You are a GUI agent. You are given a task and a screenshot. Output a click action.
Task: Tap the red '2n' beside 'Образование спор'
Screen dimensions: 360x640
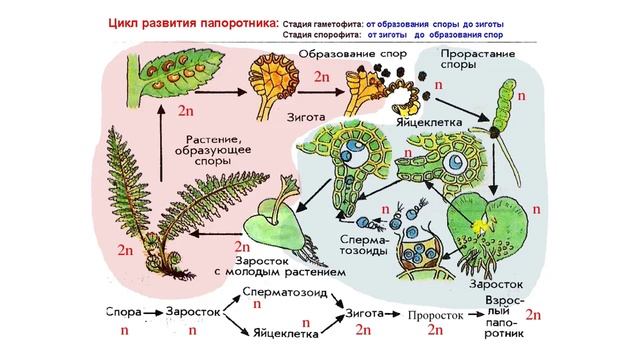coord(321,77)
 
